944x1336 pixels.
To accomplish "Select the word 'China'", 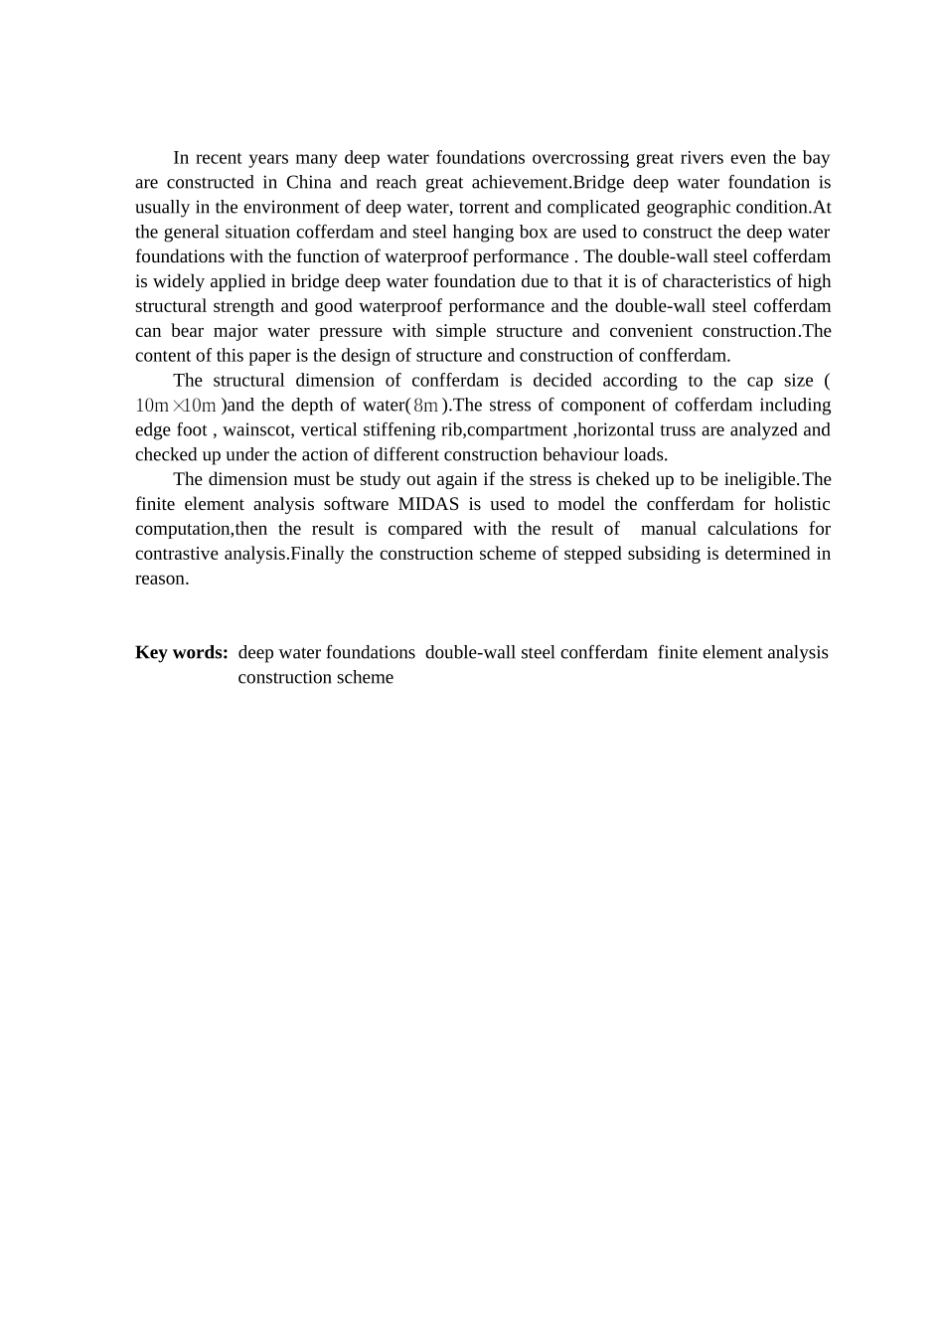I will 308,183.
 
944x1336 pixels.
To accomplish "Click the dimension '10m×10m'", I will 176,406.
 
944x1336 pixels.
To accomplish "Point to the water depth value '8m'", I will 425,406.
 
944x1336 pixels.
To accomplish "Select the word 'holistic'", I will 801,505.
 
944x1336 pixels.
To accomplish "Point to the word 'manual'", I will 669,530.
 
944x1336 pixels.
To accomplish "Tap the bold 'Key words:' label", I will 182,653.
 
